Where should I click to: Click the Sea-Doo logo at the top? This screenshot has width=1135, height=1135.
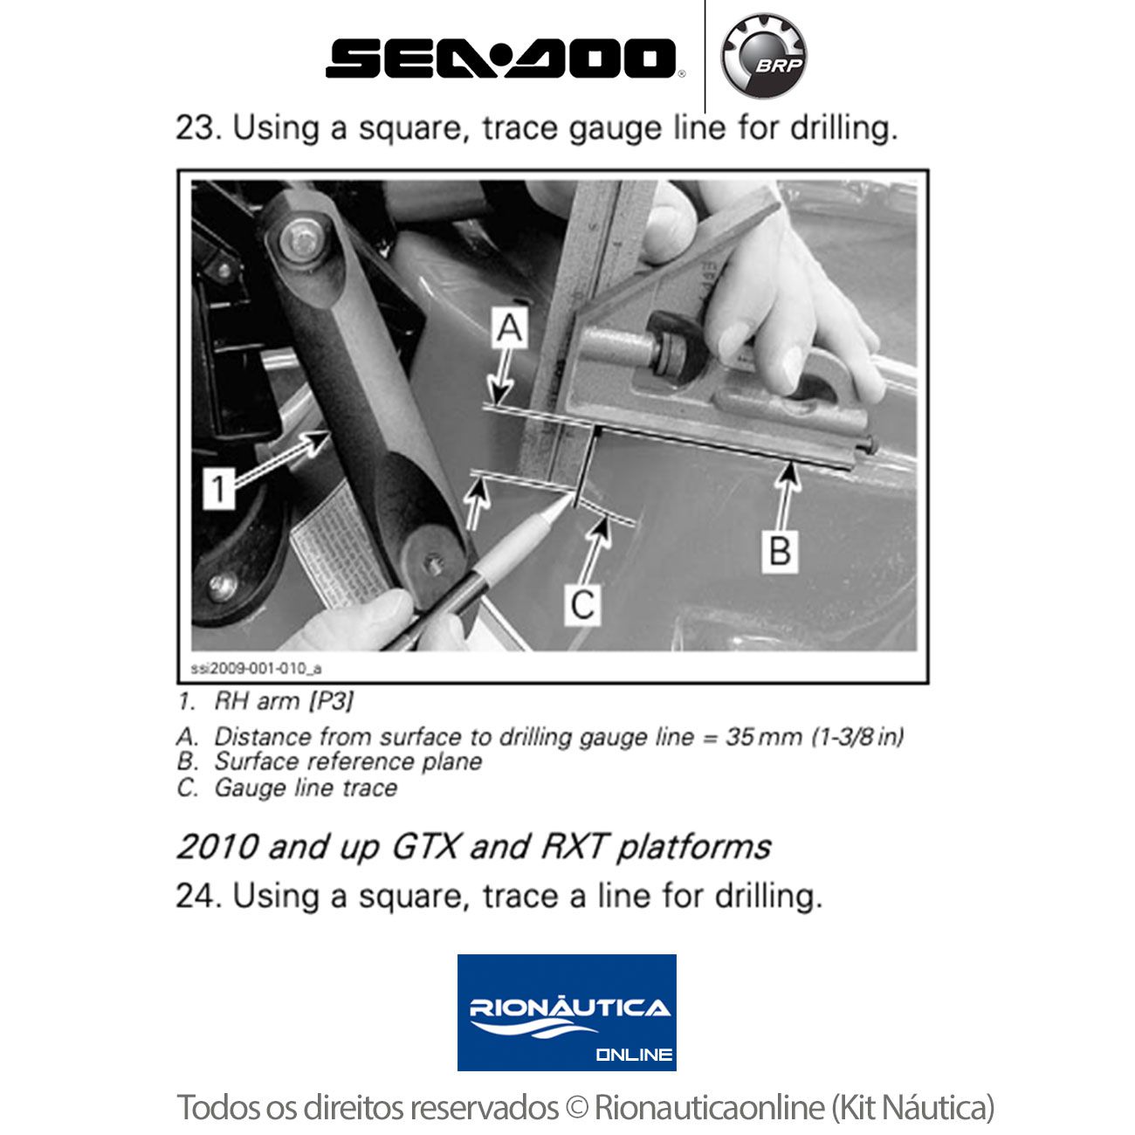(501, 58)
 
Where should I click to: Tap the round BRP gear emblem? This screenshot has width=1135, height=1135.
(764, 57)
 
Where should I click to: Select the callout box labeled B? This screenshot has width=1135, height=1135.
(780, 550)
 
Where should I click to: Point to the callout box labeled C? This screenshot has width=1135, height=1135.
(583, 603)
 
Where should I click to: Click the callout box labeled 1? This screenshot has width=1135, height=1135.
(219, 487)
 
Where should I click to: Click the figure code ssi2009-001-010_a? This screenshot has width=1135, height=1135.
(256, 669)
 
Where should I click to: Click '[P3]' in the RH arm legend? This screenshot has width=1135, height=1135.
(330, 701)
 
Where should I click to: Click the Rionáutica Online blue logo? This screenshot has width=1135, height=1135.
(567, 1013)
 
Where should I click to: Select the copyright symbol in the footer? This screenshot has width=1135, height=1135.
(576, 1108)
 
